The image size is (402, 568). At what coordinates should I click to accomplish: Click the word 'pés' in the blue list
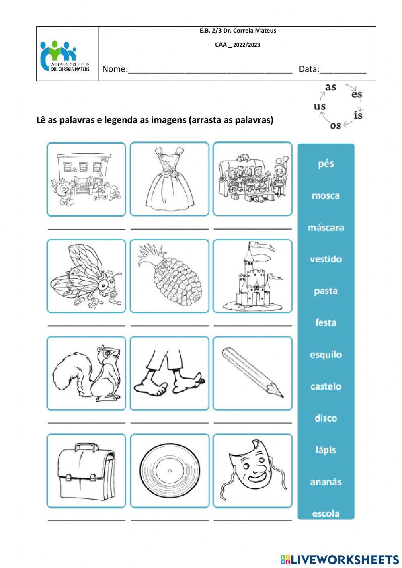coord(326,164)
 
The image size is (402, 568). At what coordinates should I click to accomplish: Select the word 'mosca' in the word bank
coord(326,196)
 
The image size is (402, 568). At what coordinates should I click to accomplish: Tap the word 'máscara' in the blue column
coord(326,228)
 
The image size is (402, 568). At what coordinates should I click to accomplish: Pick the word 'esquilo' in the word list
coord(326,355)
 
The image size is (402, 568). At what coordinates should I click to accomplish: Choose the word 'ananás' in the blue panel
coord(326,482)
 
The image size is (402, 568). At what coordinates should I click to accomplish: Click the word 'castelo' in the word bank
coord(326,386)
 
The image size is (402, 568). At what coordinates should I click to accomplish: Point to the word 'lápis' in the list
coord(326,450)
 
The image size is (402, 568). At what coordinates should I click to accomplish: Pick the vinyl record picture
coord(170,471)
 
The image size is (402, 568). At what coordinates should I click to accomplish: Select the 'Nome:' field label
coord(115,69)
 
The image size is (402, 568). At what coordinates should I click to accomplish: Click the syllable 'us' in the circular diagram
coord(320,106)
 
